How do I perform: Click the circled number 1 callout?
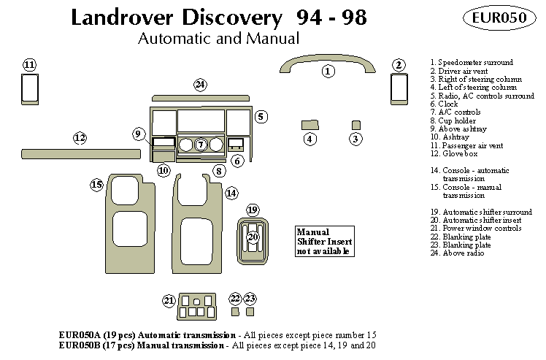pyautogui.click(x=328, y=71)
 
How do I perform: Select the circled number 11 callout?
pyautogui.click(x=29, y=65)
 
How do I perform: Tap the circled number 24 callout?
pyautogui.click(x=201, y=85)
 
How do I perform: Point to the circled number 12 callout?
pyautogui.click(x=80, y=137)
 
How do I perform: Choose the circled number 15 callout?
pyautogui.click(x=96, y=185)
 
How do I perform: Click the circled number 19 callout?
pyautogui.click(x=253, y=210)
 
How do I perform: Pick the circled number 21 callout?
pyautogui.click(x=169, y=300)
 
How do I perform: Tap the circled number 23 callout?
pyautogui.click(x=250, y=298)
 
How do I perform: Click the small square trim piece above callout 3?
pyautogui.click(x=356, y=124)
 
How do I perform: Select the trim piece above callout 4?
pyautogui.click(x=309, y=124)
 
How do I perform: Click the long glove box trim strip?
pyautogui.click(x=76, y=153)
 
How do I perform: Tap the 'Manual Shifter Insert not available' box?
pyautogui.click(x=323, y=241)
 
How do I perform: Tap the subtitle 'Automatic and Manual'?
pyautogui.click(x=218, y=38)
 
